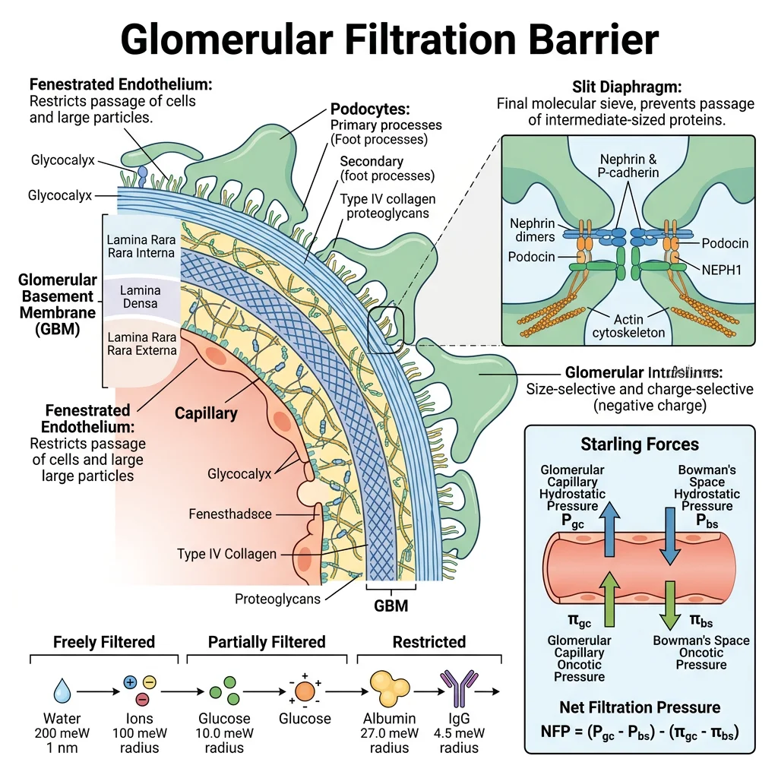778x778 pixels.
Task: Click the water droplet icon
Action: (62, 691)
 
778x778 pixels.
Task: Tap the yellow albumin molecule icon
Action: (388, 688)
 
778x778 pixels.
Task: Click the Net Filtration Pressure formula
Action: (640, 732)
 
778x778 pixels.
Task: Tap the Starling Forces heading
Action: (640, 444)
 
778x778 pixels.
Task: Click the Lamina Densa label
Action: (140, 296)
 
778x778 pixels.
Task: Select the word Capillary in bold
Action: (206, 414)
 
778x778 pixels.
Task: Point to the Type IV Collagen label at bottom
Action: (226, 553)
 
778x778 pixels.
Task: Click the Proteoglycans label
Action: (278, 598)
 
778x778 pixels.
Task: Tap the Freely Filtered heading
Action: (103, 642)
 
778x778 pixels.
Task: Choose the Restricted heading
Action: (429, 642)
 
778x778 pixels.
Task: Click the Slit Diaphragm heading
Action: (625, 87)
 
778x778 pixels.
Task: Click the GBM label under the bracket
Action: (391, 606)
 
